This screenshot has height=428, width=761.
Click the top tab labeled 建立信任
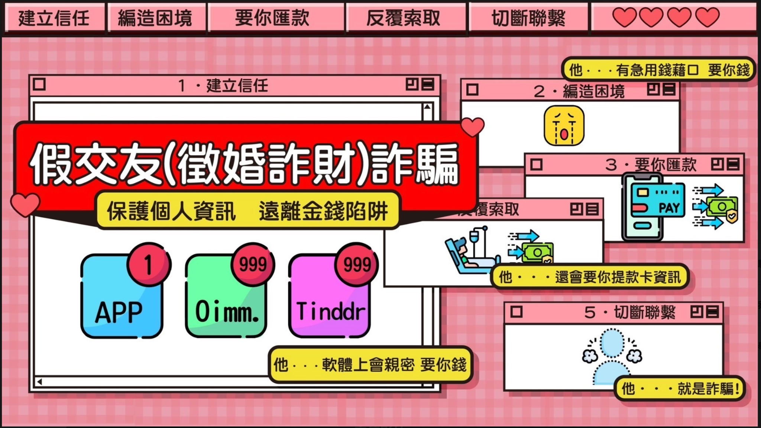pos(54,18)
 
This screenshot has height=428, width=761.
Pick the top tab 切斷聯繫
pos(528,18)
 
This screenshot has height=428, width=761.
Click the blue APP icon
pos(122,296)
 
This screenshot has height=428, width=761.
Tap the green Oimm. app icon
pos(226,296)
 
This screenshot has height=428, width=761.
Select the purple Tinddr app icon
pos(329,296)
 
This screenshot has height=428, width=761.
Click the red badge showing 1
pos(149,264)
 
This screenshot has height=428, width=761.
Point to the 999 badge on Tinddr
pos(356,264)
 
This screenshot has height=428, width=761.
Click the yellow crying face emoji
pos(564,126)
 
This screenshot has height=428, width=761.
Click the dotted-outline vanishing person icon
pos(612,357)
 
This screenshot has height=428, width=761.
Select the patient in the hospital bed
pos(469,253)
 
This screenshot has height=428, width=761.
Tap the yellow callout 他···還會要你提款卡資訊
pos(590,277)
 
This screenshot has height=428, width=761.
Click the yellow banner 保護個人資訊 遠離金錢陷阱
pos(247,211)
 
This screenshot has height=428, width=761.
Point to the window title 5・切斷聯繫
pos(629,313)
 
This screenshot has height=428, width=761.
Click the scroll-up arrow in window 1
pos(427,107)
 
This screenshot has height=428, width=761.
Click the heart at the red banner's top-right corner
pos(472,127)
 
